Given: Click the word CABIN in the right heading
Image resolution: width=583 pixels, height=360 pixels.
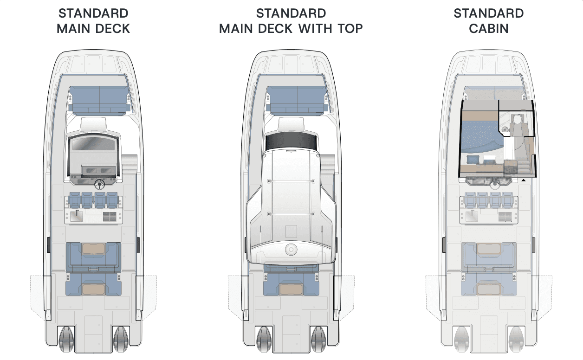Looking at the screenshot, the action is click(489, 28).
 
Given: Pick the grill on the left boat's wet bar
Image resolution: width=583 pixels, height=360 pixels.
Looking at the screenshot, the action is click(110, 217).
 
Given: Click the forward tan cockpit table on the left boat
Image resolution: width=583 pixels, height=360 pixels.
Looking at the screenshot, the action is click(94, 249).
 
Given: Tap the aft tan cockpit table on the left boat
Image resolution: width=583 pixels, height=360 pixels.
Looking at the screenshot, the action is click(94, 289).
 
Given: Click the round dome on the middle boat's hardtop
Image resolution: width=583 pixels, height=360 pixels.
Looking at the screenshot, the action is click(291, 249).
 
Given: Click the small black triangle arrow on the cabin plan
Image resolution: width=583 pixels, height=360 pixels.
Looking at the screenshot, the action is click(524, 180).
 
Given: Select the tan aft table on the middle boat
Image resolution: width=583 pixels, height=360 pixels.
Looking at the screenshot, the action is click(291, 289).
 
